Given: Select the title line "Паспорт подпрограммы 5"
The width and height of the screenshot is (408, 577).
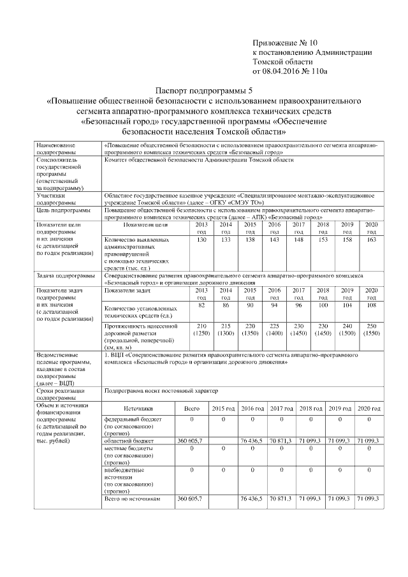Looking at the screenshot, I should click(x=204, y=91).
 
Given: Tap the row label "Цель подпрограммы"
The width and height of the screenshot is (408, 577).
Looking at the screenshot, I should click(x=62, y=209).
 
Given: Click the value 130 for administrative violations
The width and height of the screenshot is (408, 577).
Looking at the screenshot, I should click(x=202, y=239).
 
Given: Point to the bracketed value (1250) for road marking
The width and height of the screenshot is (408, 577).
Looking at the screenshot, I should click(x=202, y=333).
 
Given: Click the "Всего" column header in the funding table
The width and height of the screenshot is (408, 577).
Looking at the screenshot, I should click(x=191, y=407).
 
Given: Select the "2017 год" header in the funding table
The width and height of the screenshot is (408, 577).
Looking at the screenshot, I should click(x=280, y=407).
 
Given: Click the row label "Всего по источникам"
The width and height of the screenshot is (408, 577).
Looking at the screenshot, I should click(x=130, y=499).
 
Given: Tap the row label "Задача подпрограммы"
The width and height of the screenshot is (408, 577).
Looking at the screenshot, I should click(x=62, y=276).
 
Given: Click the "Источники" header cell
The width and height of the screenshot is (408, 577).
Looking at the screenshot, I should click(x=138, y=407).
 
